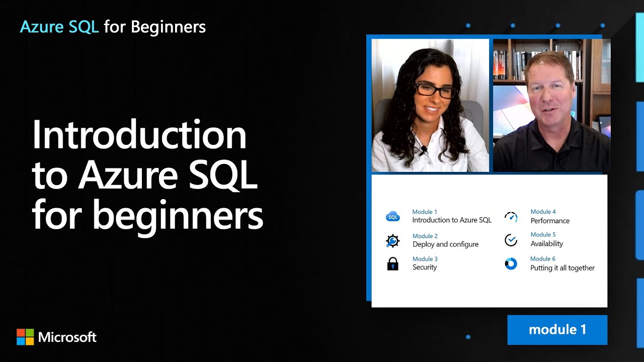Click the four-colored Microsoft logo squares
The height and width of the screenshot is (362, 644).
pyautogui.click(x=25, y=337)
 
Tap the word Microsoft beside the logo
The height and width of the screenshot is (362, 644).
pyautogui.click(x=67, y=337)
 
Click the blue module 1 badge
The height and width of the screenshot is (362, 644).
pyautogui.click(x=557, y=330)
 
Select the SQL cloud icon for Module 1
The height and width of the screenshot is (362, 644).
pyautogui.click(x=392, y=217)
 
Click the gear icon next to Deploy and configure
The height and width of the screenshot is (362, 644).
pyautogui.click(x=392, y=241)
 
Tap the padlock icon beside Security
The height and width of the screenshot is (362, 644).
pyautogui.click(x=392, y=264)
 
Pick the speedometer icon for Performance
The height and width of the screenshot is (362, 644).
pyautogui.click(x=511, y=217)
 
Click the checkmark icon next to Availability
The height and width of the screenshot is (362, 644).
pyautogui.click(x=511, y=240)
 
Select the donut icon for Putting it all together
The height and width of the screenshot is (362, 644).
pyautogui.click(x=511, y=264)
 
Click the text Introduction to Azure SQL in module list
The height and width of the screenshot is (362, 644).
pyautogui.click(x=451, y=220)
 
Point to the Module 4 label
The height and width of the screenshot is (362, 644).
pyautogui.click(x=543, y=212)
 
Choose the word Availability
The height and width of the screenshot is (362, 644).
pyautogui.click(x=546, y=244)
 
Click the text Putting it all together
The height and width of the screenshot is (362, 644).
pyautogui.click(x=562, y=268)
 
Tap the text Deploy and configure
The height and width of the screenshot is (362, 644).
pyautogui.click(x=445, y=244)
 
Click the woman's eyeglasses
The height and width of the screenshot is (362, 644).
pyautogui.click(x=435, y=90)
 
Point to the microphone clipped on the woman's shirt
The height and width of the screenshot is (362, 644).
pyautogui.click(x=424, y=149)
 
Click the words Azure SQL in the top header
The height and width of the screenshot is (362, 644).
pyautogui.click(x=59, y=27)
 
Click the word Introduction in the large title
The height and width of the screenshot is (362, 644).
pyautogui.click(x=139, y=136)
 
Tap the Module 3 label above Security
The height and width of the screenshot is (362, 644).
pyautogui.click(x=425, y=259)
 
